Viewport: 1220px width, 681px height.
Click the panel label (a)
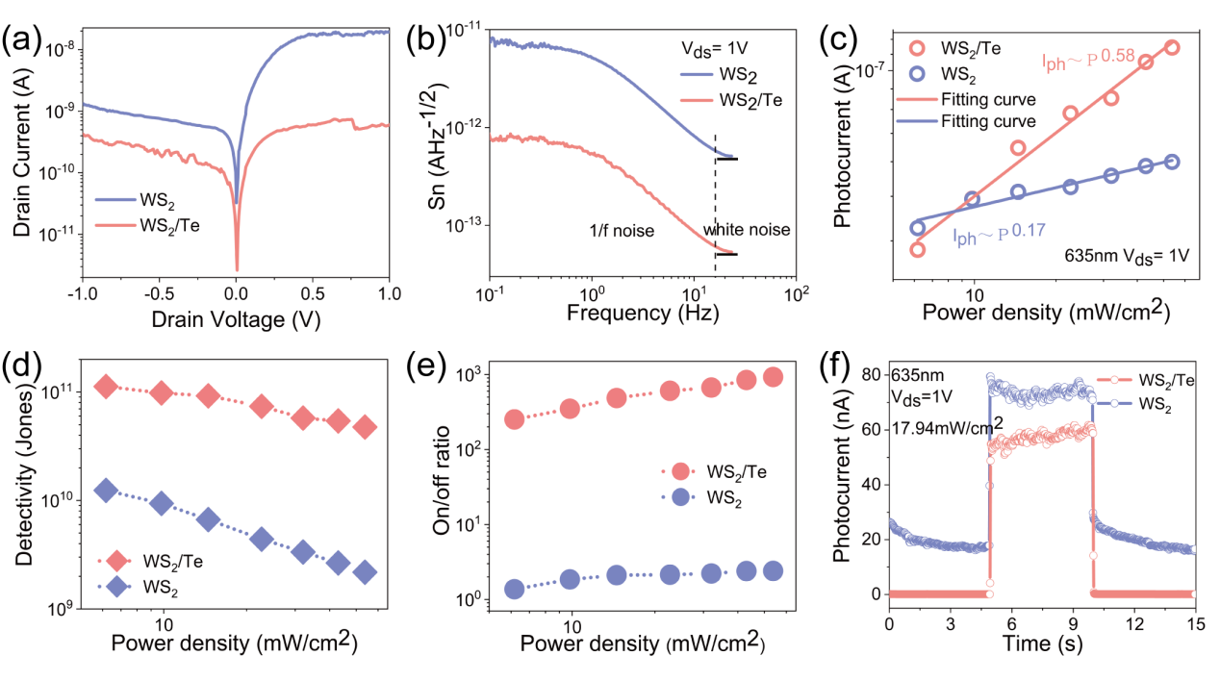click(21, 40)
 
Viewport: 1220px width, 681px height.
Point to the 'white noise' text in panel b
click(747, 231)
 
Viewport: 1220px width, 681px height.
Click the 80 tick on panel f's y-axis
click(874, 372)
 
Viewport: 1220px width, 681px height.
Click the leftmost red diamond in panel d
click(106, 386)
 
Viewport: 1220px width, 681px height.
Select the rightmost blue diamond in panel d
click(365, 572)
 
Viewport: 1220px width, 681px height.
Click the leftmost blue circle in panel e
click(515, 589)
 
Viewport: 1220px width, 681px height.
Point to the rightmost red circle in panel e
click(773, 377)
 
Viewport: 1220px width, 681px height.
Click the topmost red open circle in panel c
click(1172, 47)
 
